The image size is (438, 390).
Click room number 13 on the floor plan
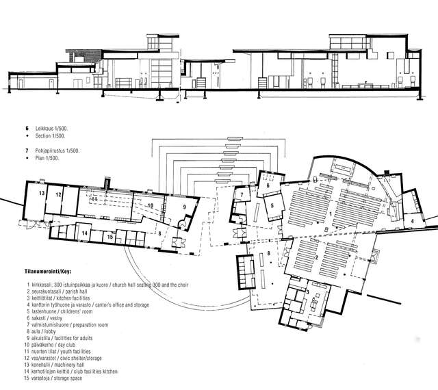click(x=42, y=194)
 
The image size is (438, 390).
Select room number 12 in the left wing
click(x=60, y=194)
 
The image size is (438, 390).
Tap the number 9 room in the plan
click(x=183, y=206)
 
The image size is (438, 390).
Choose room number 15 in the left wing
click(x=109, y=237)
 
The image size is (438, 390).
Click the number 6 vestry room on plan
click(x=268, y=185)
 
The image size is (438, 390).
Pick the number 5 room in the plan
click(x=272, y=205)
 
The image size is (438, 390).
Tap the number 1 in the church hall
click(x=333, y=214)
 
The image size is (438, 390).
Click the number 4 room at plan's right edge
click(x=413, y=220)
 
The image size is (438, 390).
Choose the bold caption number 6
click(x=27, y=128)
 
